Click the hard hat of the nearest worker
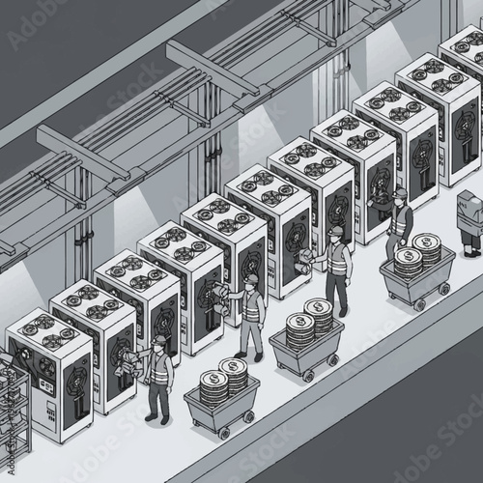tap(158, 341)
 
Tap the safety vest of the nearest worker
tap(160, 370)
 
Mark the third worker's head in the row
tap(335, 233)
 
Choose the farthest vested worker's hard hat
tap(400, 194)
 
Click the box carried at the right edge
tap(469, 209)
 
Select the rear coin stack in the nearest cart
tap(234, 374)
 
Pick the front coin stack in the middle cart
tap(300, 329)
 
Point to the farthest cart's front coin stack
tap(408, 261)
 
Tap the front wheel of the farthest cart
tap(418, 304)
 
